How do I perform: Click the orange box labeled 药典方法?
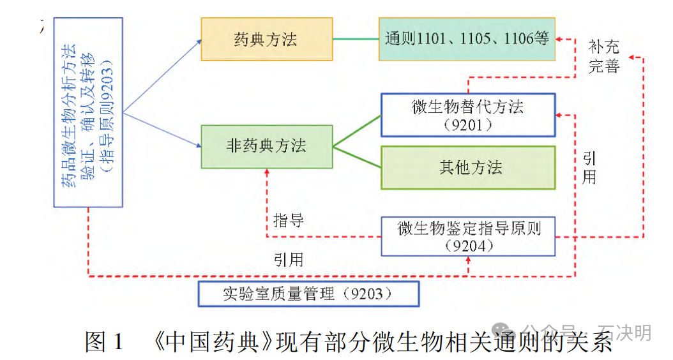[266, 39]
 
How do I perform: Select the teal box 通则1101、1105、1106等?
[467, 39]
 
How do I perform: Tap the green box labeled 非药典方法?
[266, 146]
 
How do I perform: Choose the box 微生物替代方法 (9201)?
[468, 115]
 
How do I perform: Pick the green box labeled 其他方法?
[468, 167]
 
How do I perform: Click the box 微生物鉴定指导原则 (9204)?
[468, 236]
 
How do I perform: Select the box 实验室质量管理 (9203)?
[308, 294]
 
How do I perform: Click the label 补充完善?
[603, 56]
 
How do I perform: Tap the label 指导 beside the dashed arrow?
[289, 221]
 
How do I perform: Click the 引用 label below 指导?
[289, 260]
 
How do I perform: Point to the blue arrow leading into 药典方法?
[163, 76]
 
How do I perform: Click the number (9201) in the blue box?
[468, 124]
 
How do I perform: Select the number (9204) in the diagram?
[468, 246]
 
